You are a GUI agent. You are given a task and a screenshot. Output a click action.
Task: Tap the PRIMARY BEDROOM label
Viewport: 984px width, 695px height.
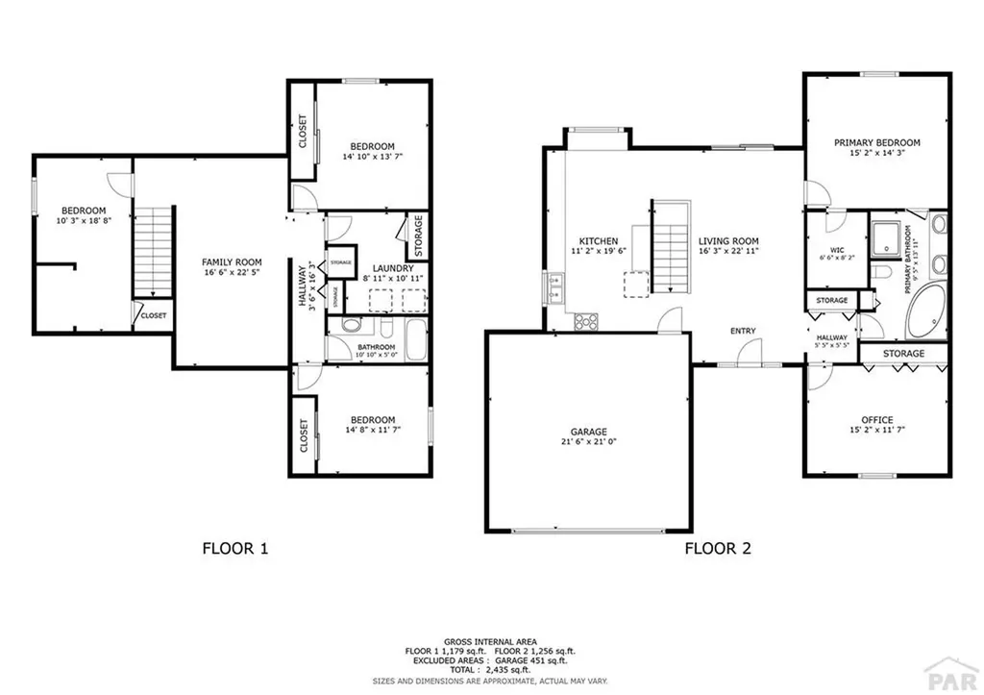(876, 142)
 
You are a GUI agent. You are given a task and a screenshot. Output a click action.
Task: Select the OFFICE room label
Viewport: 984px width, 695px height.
(876, 420)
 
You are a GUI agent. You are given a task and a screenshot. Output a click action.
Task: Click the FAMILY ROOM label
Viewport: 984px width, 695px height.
(231, 261)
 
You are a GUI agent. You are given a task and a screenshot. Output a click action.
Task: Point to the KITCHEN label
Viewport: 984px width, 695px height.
(598, 241)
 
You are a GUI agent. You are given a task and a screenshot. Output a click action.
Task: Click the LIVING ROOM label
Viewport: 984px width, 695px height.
(728, 241)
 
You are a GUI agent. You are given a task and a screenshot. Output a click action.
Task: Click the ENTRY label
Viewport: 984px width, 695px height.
(743, 332)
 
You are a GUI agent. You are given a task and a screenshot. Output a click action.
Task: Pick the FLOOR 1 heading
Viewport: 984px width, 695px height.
(234, 549)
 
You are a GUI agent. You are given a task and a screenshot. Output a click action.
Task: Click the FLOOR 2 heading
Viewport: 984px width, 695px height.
(717, 549)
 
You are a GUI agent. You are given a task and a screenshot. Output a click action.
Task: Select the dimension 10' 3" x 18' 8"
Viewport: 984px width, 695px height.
(84, 221)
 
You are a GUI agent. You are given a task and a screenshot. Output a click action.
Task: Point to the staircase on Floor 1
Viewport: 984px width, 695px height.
(151, 250)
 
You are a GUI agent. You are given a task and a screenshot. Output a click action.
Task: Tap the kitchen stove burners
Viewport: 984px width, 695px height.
(585, 323)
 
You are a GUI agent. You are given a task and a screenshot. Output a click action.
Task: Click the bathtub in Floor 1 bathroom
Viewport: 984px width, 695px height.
(415, 344)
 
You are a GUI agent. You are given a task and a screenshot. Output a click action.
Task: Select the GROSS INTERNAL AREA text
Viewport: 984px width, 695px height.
(489, 640)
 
